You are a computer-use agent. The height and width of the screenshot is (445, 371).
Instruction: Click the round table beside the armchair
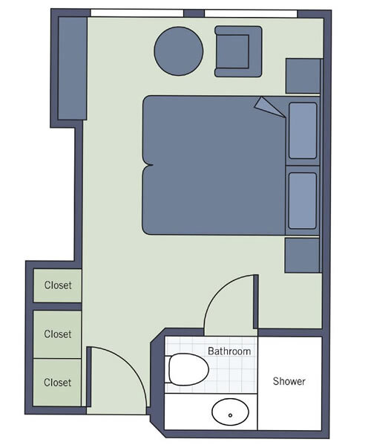[178, 51]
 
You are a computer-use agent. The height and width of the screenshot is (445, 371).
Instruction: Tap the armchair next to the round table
[238, 51]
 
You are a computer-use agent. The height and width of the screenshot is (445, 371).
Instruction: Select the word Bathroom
[229, 351]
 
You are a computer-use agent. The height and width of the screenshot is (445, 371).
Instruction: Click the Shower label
[289, 381]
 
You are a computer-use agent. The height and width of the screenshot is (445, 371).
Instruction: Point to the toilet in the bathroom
[186, 369]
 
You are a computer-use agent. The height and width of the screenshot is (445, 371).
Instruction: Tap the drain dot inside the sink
[230, 415]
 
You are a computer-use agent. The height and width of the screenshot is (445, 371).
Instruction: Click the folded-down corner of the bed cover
[267, 106]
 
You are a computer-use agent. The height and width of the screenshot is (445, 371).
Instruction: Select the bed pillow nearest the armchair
[303, 131]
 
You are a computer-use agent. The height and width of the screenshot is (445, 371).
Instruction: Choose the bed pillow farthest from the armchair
[303, 201]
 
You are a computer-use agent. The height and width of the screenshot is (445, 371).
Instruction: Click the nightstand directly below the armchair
[303, 76]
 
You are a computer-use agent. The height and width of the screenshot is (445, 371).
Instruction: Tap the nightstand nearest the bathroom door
[302, 255]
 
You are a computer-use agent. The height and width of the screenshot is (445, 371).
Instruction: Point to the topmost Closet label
[58, 285]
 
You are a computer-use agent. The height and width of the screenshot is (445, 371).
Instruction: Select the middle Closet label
[58, 334]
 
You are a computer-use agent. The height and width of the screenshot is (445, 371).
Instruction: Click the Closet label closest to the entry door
[58, 383]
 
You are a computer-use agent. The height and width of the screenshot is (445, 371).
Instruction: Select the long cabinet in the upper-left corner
[72, 69]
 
